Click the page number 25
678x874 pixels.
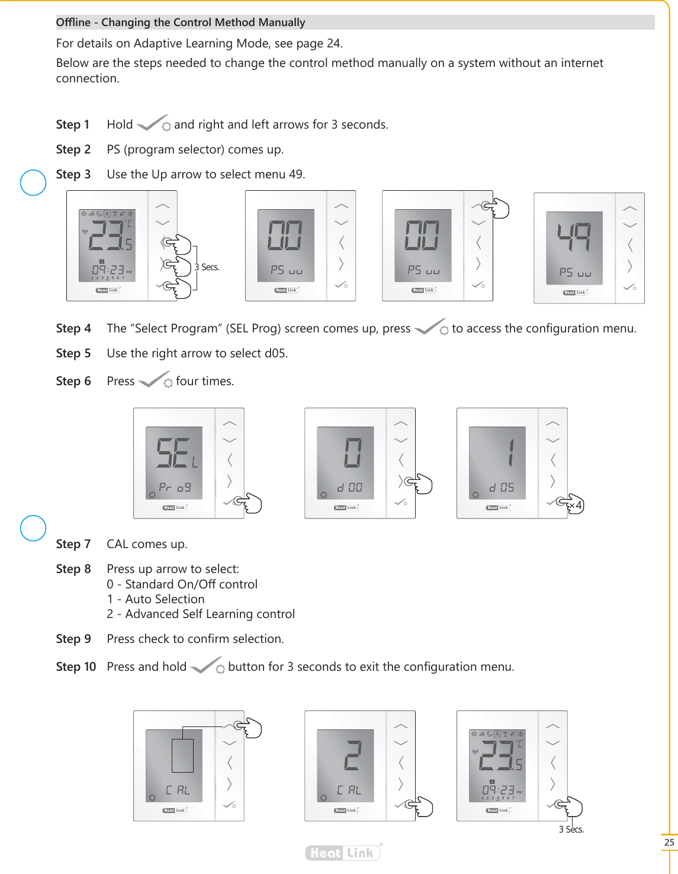[669, 842]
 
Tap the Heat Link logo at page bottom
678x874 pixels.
[343, 853]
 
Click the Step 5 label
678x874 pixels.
[73, 353]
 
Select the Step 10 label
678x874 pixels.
[76, 667]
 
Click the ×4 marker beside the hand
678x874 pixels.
[576, 505]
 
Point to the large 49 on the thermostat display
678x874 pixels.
[574, 237]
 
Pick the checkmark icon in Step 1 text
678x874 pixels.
[153, 124]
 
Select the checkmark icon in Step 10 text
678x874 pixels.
[207, 665]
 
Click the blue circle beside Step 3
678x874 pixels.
[33, 183]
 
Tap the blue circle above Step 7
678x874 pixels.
[33, 528]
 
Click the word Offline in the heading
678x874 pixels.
[73, 23]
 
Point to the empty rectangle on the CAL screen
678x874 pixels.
[182, 755]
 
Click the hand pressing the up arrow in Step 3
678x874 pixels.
[496, 208]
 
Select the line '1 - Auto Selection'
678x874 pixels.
[156, 599]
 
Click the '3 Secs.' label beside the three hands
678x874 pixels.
[207, 267]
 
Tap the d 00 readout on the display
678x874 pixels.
[349, 488]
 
